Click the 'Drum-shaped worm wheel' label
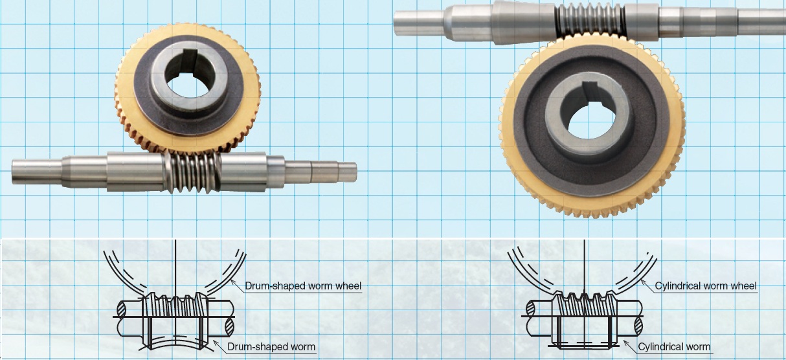point(303,286)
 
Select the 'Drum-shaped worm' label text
point(271,347)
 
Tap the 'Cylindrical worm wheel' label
point(705,286)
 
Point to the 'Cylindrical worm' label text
point(674,347)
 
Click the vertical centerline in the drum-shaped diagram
point(175,265)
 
